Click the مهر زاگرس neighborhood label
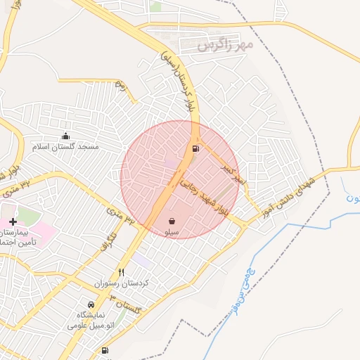click(x=225, y=46)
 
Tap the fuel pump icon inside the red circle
click(x=195, y=148)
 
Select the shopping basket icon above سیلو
click(x=172, y=221)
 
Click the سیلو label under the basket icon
click(x=172, y=232)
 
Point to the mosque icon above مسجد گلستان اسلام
click(x=66, y=136)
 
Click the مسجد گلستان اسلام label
click(x=66, y=146)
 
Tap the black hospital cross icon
click(x=13, y=221)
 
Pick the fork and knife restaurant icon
click(x=121, y=272)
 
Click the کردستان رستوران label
click(x=121, y=283)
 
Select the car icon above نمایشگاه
click(x=91, y=304)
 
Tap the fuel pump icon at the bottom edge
click(x=105, y=350)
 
